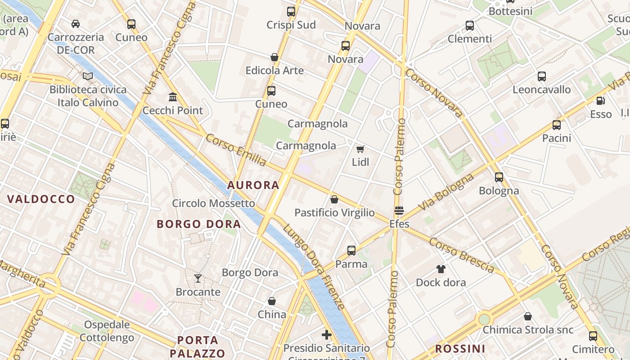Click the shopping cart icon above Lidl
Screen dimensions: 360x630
pyautogui.click(x=360, y=148)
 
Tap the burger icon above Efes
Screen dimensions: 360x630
pyautogui.click(x=399, y=211)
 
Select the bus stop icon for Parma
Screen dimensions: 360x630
pyautogui.click(x=351, y=251)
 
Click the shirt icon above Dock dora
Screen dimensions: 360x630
pyautogui.click(x=441, y=269)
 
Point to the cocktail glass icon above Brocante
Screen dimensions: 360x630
pyautogui.click(x=198, y=279)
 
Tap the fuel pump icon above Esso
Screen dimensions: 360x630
pyautogui.click(x=600, y=101)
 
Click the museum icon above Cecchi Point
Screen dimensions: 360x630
pyautogui.click(x=172, y=97)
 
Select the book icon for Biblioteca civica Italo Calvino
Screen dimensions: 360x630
pyautogui.click(x=88, y=76)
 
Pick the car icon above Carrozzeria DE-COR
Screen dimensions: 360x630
pyautogui.click(x=76, y=24)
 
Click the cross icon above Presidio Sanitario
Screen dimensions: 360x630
pyautogui.click(x=327, y=335)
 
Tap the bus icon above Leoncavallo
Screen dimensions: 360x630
pyautogui.click(x=541, y=76)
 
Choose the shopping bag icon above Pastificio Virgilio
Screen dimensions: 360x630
pyautogui.click(x=334, y=199)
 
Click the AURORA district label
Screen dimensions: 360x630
pyautogui.click(x=253, y=185)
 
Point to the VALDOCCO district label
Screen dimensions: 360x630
pyautogui.click(x=41, y=199)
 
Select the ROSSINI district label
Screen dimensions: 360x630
pyautogui.click(x=460, y=348)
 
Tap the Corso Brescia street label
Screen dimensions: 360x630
pyautogui.click(x=462, y=255)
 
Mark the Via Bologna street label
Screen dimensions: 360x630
pyautogui.click(x=445, y=192)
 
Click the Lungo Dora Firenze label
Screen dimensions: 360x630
pyautogui.click(x=315, y=266)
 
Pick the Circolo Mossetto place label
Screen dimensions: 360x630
pyautogui.click(x=214, y=203)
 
